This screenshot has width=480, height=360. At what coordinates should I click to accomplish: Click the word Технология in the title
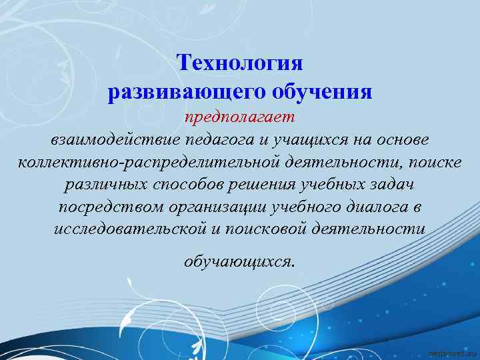[240, 63]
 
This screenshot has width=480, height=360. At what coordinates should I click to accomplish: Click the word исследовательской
[127, 228]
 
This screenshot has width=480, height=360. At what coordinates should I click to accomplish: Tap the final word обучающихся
[238, 261]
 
